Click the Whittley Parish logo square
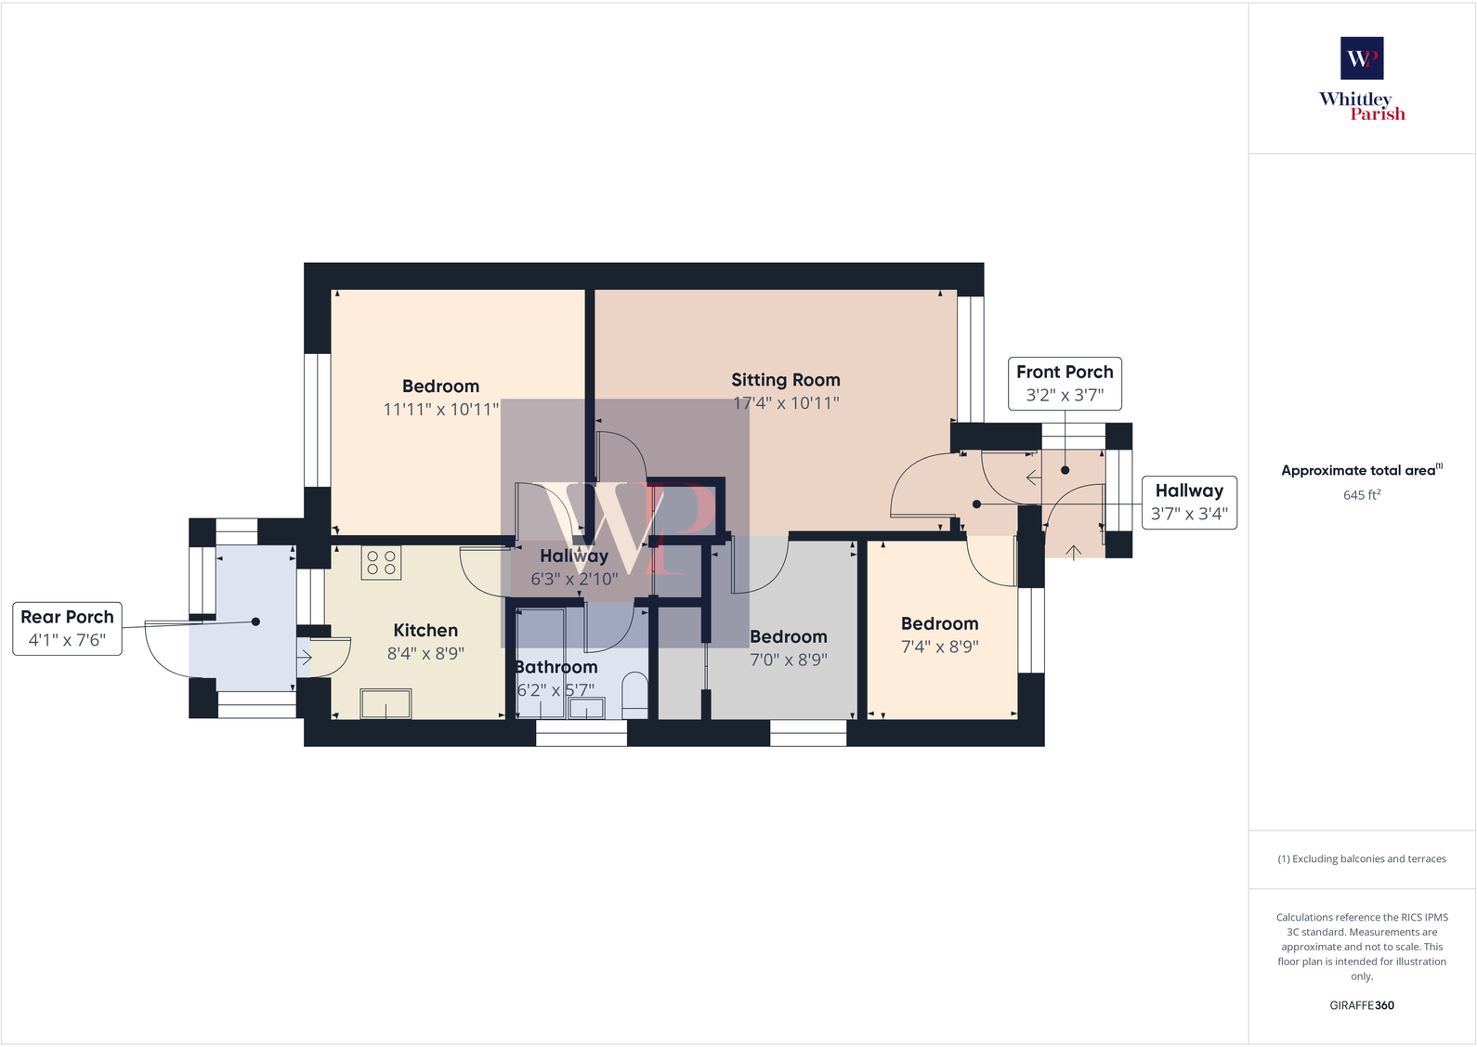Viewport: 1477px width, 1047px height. [x=1362, y=58]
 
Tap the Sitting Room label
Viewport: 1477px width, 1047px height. [x=785, y=380]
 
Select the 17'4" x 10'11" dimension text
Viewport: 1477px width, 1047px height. [x=786, y=403]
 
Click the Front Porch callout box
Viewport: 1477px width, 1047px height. [x=1065, y=383]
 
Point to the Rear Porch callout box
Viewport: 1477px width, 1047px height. [x=67, y=628]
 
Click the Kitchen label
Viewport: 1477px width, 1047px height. [x=425, y=631]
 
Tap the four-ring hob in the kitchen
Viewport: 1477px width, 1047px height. [x=381, y=562]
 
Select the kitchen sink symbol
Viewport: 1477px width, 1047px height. [x=386, y=703]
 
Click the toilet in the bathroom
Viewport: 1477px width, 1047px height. [x=635, y=695]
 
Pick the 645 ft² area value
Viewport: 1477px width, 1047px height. [x=1362, y=495]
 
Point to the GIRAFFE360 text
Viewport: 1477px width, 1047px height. [x=1362, y=1005]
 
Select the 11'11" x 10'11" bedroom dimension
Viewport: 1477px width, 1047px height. [x=441, y=410]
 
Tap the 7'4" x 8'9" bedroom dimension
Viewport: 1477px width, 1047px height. [x=940, y=647]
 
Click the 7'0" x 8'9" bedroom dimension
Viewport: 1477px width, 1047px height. [x=789, y=660]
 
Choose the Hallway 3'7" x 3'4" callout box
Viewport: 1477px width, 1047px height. [x=1189, y=502]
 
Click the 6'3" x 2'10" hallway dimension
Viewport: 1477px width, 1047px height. [x=574, y=579]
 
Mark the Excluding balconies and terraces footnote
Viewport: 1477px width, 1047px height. [x=1362, y=859]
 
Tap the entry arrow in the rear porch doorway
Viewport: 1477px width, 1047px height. [x=305, y=658]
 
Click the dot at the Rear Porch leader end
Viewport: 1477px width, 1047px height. [x=255, y=622]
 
